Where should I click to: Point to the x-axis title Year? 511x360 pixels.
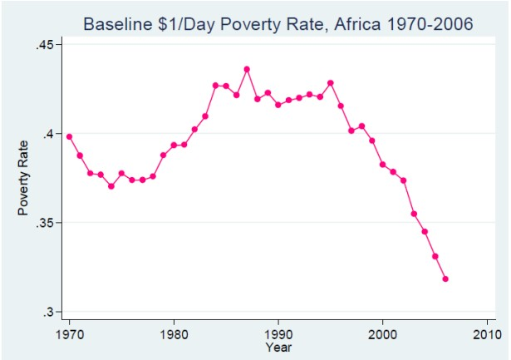pyautogui.click(x=278, y=347)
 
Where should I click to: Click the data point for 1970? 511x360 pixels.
pyautogui.click(x=69, y=136)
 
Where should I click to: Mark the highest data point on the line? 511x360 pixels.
pyautogui.click(x=247, y=69)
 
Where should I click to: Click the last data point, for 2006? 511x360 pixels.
pyautogui.click(x=445, y=279)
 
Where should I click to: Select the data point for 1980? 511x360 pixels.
pyautogui.click(x=174, y=145)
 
